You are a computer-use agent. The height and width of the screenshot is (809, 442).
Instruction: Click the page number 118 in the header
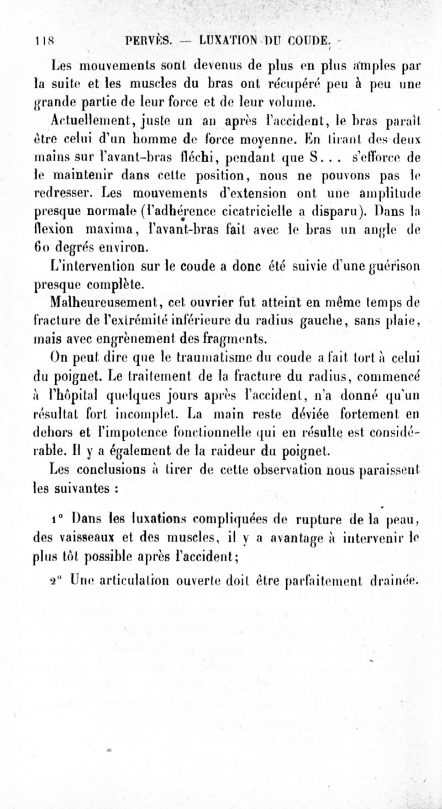38,40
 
